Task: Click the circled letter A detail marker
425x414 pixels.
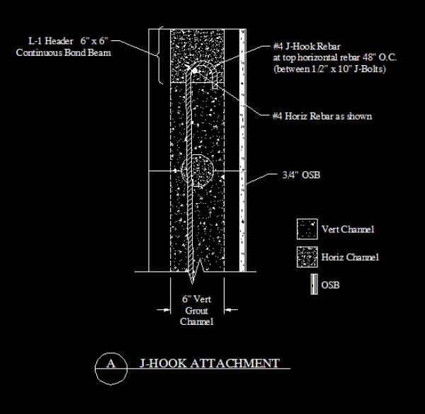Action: (110, 364)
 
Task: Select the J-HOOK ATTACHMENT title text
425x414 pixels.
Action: (210, 364)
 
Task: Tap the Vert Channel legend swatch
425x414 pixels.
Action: (307, 229)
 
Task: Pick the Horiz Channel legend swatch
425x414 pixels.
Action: (307, 256)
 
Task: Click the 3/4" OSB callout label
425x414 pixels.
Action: (297, 175)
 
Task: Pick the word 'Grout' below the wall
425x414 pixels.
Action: (198, 310)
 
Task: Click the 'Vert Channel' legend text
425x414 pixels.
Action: (347, 229)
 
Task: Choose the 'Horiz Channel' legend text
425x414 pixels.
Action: (349, 257)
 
